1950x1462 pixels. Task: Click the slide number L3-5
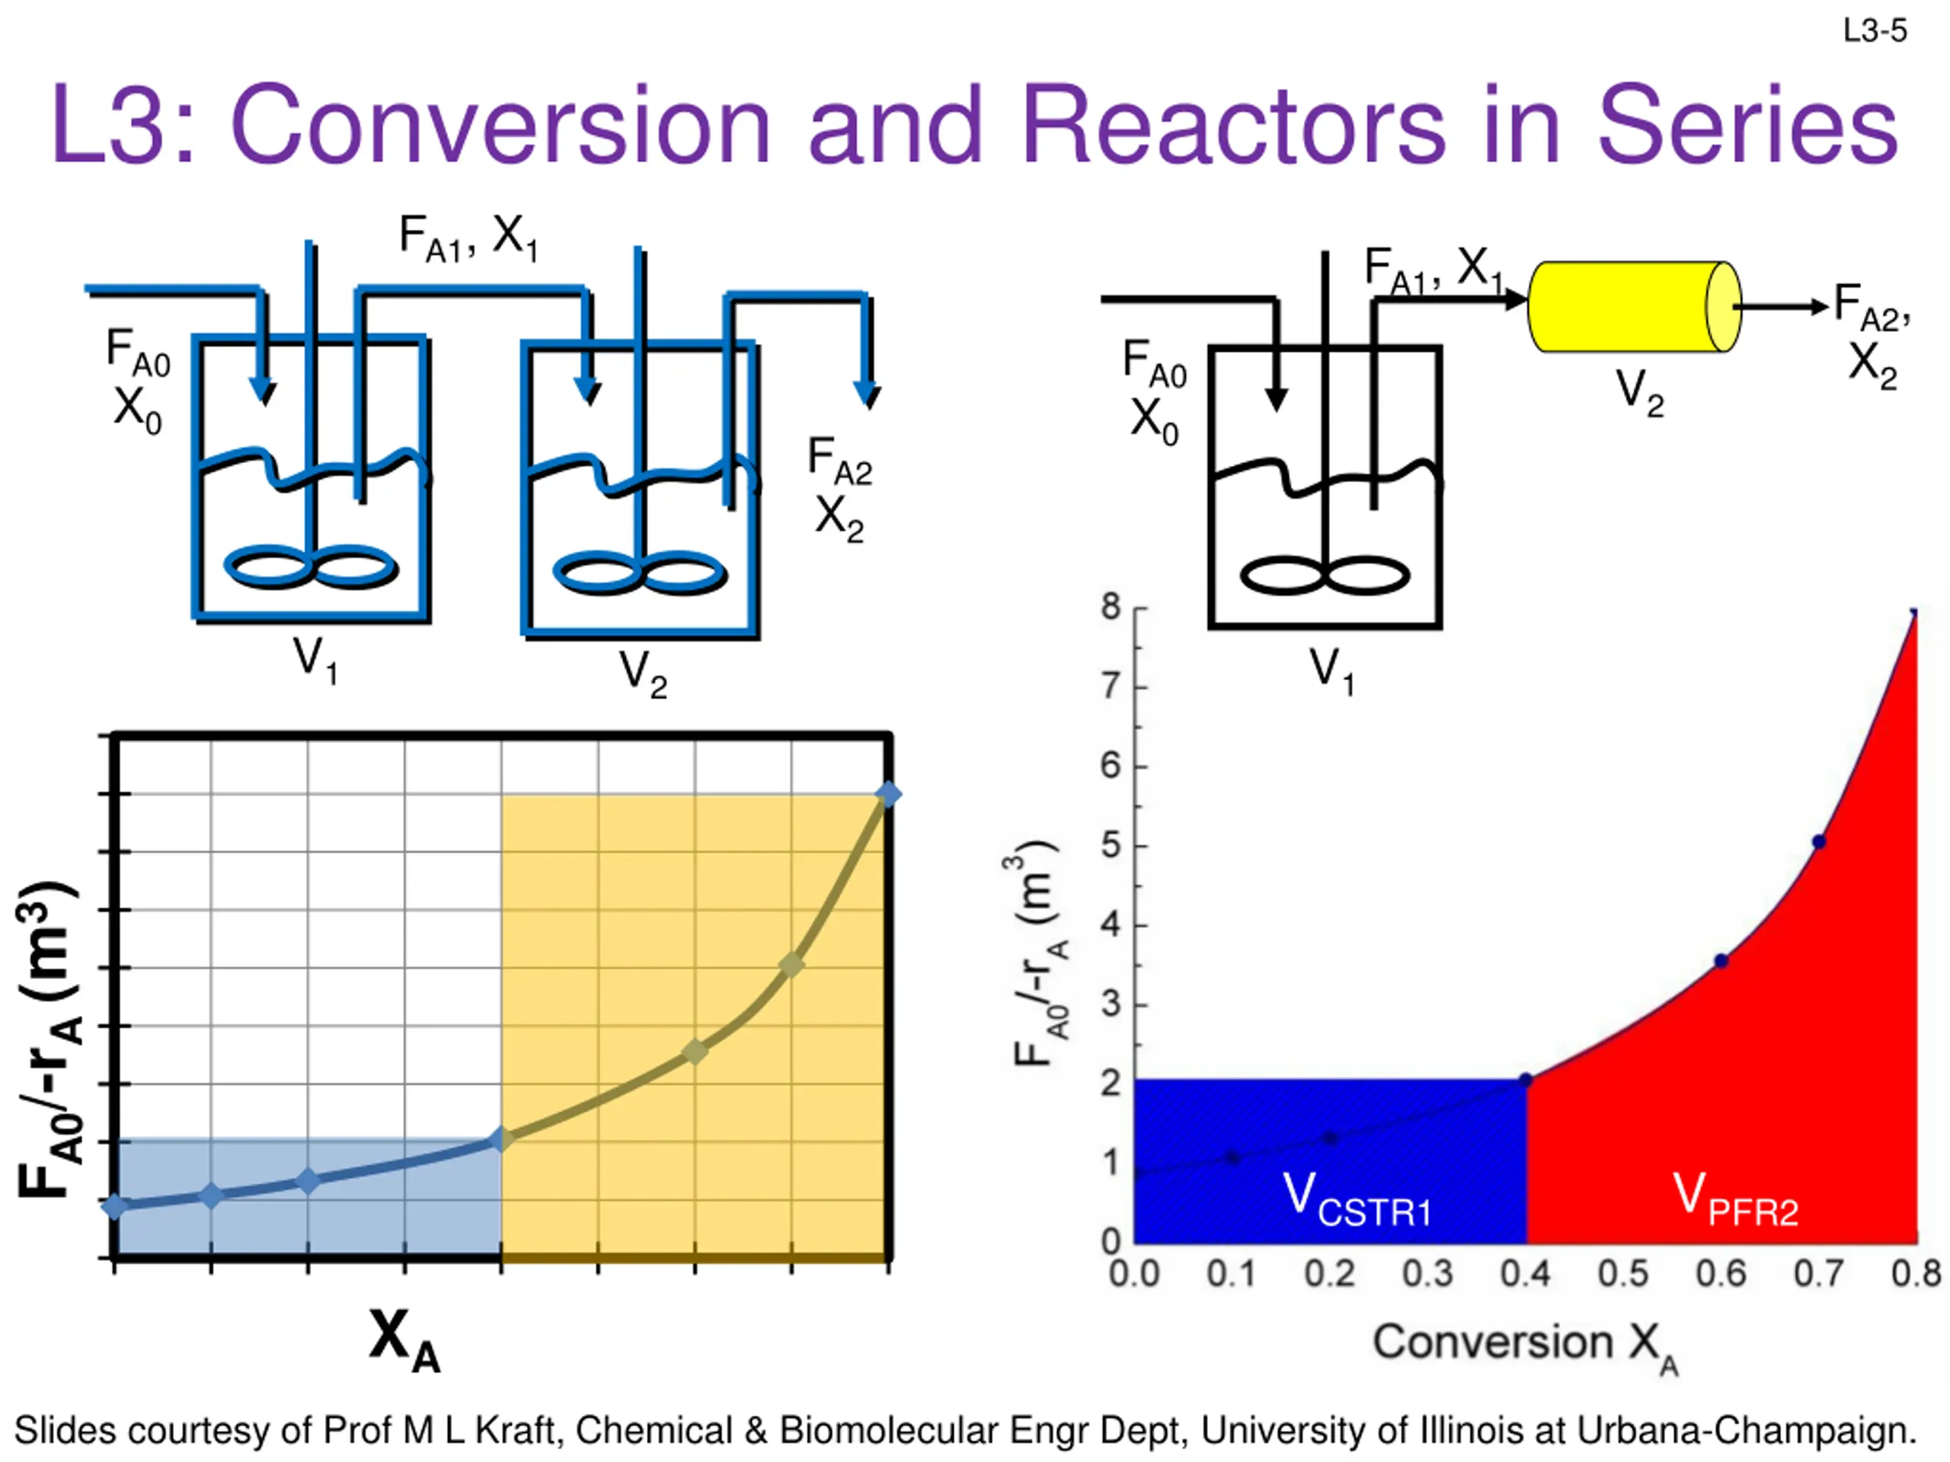1874,32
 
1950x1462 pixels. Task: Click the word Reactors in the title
1233,125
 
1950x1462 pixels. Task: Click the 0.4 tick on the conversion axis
1525,1273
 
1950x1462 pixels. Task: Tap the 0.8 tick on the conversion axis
1916,1273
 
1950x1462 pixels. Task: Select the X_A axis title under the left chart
404,1339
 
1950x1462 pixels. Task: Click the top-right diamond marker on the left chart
887,794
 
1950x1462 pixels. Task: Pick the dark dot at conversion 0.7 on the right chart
1819,842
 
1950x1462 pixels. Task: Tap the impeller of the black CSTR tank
1324,576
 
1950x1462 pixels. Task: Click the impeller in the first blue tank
310,567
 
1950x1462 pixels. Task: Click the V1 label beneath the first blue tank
315,660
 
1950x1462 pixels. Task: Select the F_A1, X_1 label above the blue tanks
468,237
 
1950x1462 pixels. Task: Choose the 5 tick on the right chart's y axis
1111,845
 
